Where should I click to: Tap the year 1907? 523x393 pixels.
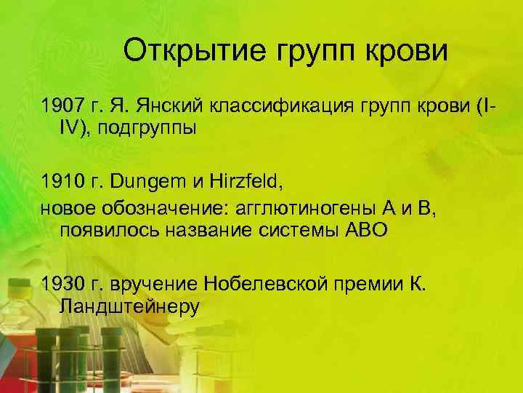click(65, 107)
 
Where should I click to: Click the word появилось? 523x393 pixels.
click(102, 231)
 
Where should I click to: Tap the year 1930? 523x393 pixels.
click(65, 283)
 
